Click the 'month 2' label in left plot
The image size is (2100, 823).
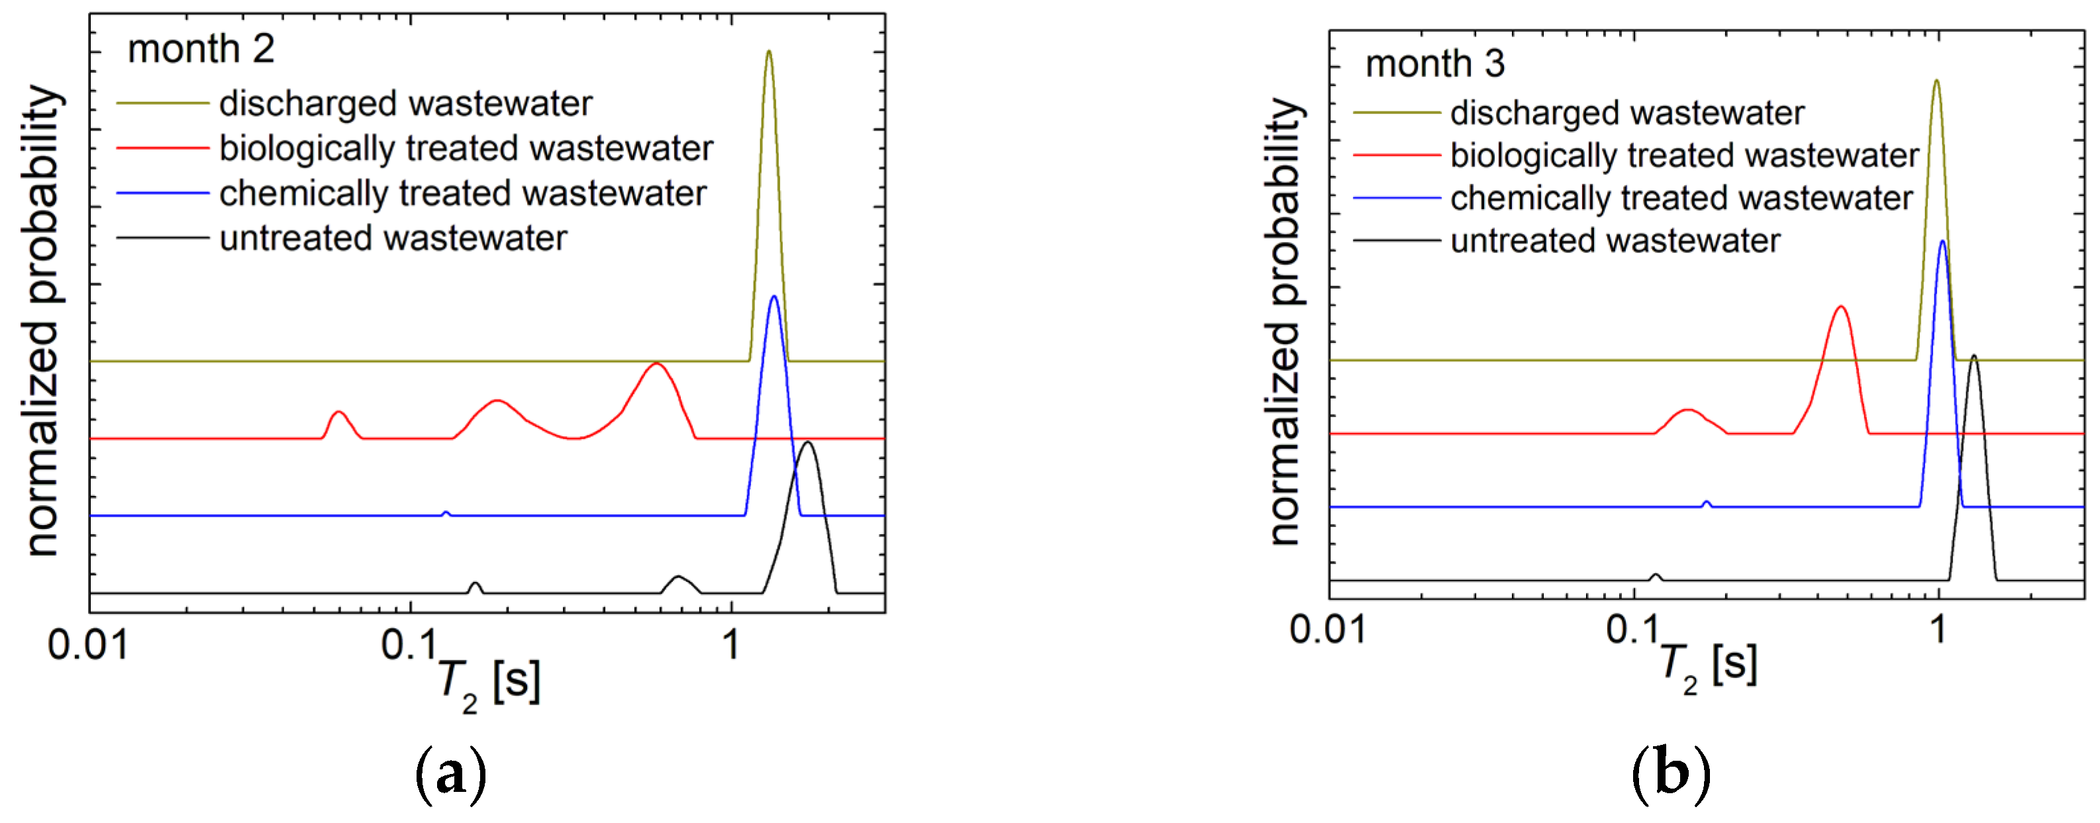pos(201,50)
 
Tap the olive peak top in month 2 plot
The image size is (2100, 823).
pos(768,53)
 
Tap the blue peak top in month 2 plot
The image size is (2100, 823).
pos(773,297)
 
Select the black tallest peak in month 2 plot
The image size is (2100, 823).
pos(807,443)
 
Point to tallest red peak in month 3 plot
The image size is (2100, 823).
pos(1840,308)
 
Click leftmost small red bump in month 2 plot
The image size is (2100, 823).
pos(339,413)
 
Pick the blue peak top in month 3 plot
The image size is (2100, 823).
pos(1942,242)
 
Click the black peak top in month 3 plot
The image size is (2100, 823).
pos(1973,357)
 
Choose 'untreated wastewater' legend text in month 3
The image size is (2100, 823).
pos(1615,241)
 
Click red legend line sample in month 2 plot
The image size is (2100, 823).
pos(163,148)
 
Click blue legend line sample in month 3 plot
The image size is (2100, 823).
pos(1397,198)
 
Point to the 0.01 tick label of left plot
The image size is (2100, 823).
pos(88,646)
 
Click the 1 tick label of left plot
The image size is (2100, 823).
pos(730,646)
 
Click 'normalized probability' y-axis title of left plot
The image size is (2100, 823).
pos(42,320)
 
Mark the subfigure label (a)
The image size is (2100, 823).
pos(451,775)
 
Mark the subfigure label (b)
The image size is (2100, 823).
pos(1670,775)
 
